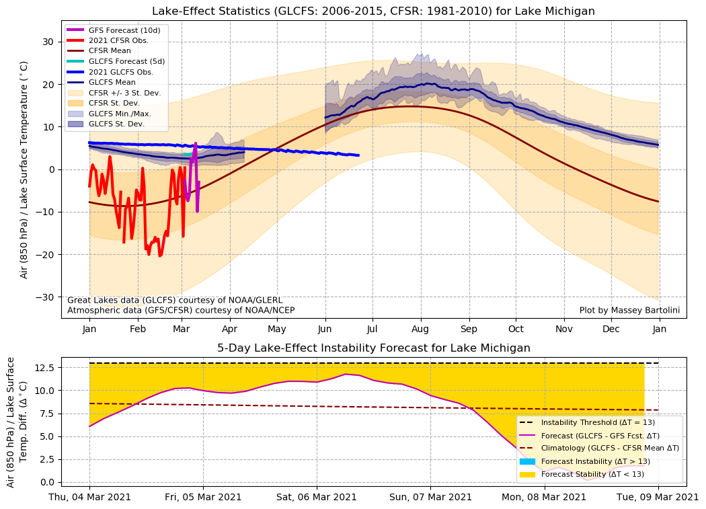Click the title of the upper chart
tap(373, 11)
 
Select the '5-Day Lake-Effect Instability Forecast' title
tap(373, 348)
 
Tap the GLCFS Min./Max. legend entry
tap(122, 114)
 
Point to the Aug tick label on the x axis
tap(421, 329)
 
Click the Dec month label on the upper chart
tap(611, 329)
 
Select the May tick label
tap(277, 329)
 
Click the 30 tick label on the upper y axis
tap(49, 42)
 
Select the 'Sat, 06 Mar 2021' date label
tap(317, 498)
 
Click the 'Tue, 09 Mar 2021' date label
tap(658, 498)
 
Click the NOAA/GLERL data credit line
tap(175, 300)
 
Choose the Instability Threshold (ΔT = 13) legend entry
tap(598, 422)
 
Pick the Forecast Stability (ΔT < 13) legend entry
tap(592, 474)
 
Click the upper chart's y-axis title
tap(24, 169)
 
